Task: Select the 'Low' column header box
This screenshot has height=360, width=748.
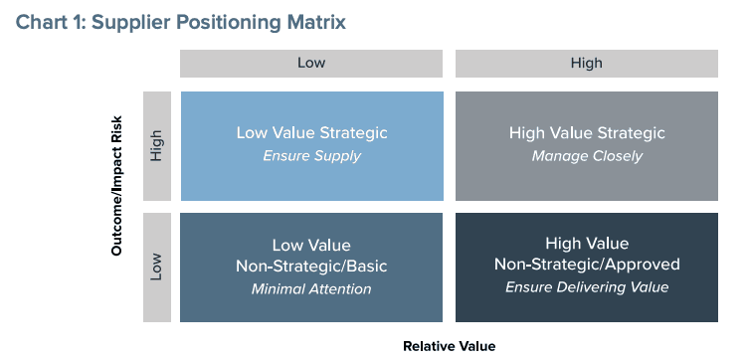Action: pyautogui.click(x=311, y=63)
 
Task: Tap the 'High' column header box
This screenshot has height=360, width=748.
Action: pyautogui.click(x=587, y=63)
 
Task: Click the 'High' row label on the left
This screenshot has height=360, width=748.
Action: pyautogui.click(x=157, y=146)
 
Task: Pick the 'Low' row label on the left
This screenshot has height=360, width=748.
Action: pyautogui.click(x=157, y=268)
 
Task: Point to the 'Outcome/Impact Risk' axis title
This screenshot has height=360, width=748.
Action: pyautogui.click(x=117, y=186)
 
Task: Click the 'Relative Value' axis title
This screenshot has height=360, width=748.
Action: pyautogui.click(x=450, y=346)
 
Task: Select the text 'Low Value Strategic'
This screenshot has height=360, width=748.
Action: pyautogui.click(x=312, y=132)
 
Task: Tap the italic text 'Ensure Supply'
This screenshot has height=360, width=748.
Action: pyautogui.click(x=312, y=156)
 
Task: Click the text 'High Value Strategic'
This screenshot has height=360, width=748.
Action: pyautogui.click(x=587, y=132)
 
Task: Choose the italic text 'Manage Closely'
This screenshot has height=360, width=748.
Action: pyautogui.click(x=587, y=156)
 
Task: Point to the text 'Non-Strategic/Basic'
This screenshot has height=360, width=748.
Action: pyautogui.click(x=311, y=267)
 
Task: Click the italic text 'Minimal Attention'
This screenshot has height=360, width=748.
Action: pyautogui.click(x=311, y=289)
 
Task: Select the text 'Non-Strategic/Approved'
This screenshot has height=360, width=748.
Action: pyautogui.click(x=587, y=264)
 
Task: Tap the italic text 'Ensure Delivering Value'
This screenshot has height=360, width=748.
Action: pyautogui.click(x=587, y=287)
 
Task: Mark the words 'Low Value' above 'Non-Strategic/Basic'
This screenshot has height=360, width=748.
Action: pyautogui.click(x=311, y=246)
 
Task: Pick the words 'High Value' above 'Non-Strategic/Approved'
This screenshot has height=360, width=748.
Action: pyautogui.click(x=587, y=244)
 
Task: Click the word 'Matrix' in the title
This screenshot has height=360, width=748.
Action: pyautogui.click(x=316, y=23)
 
